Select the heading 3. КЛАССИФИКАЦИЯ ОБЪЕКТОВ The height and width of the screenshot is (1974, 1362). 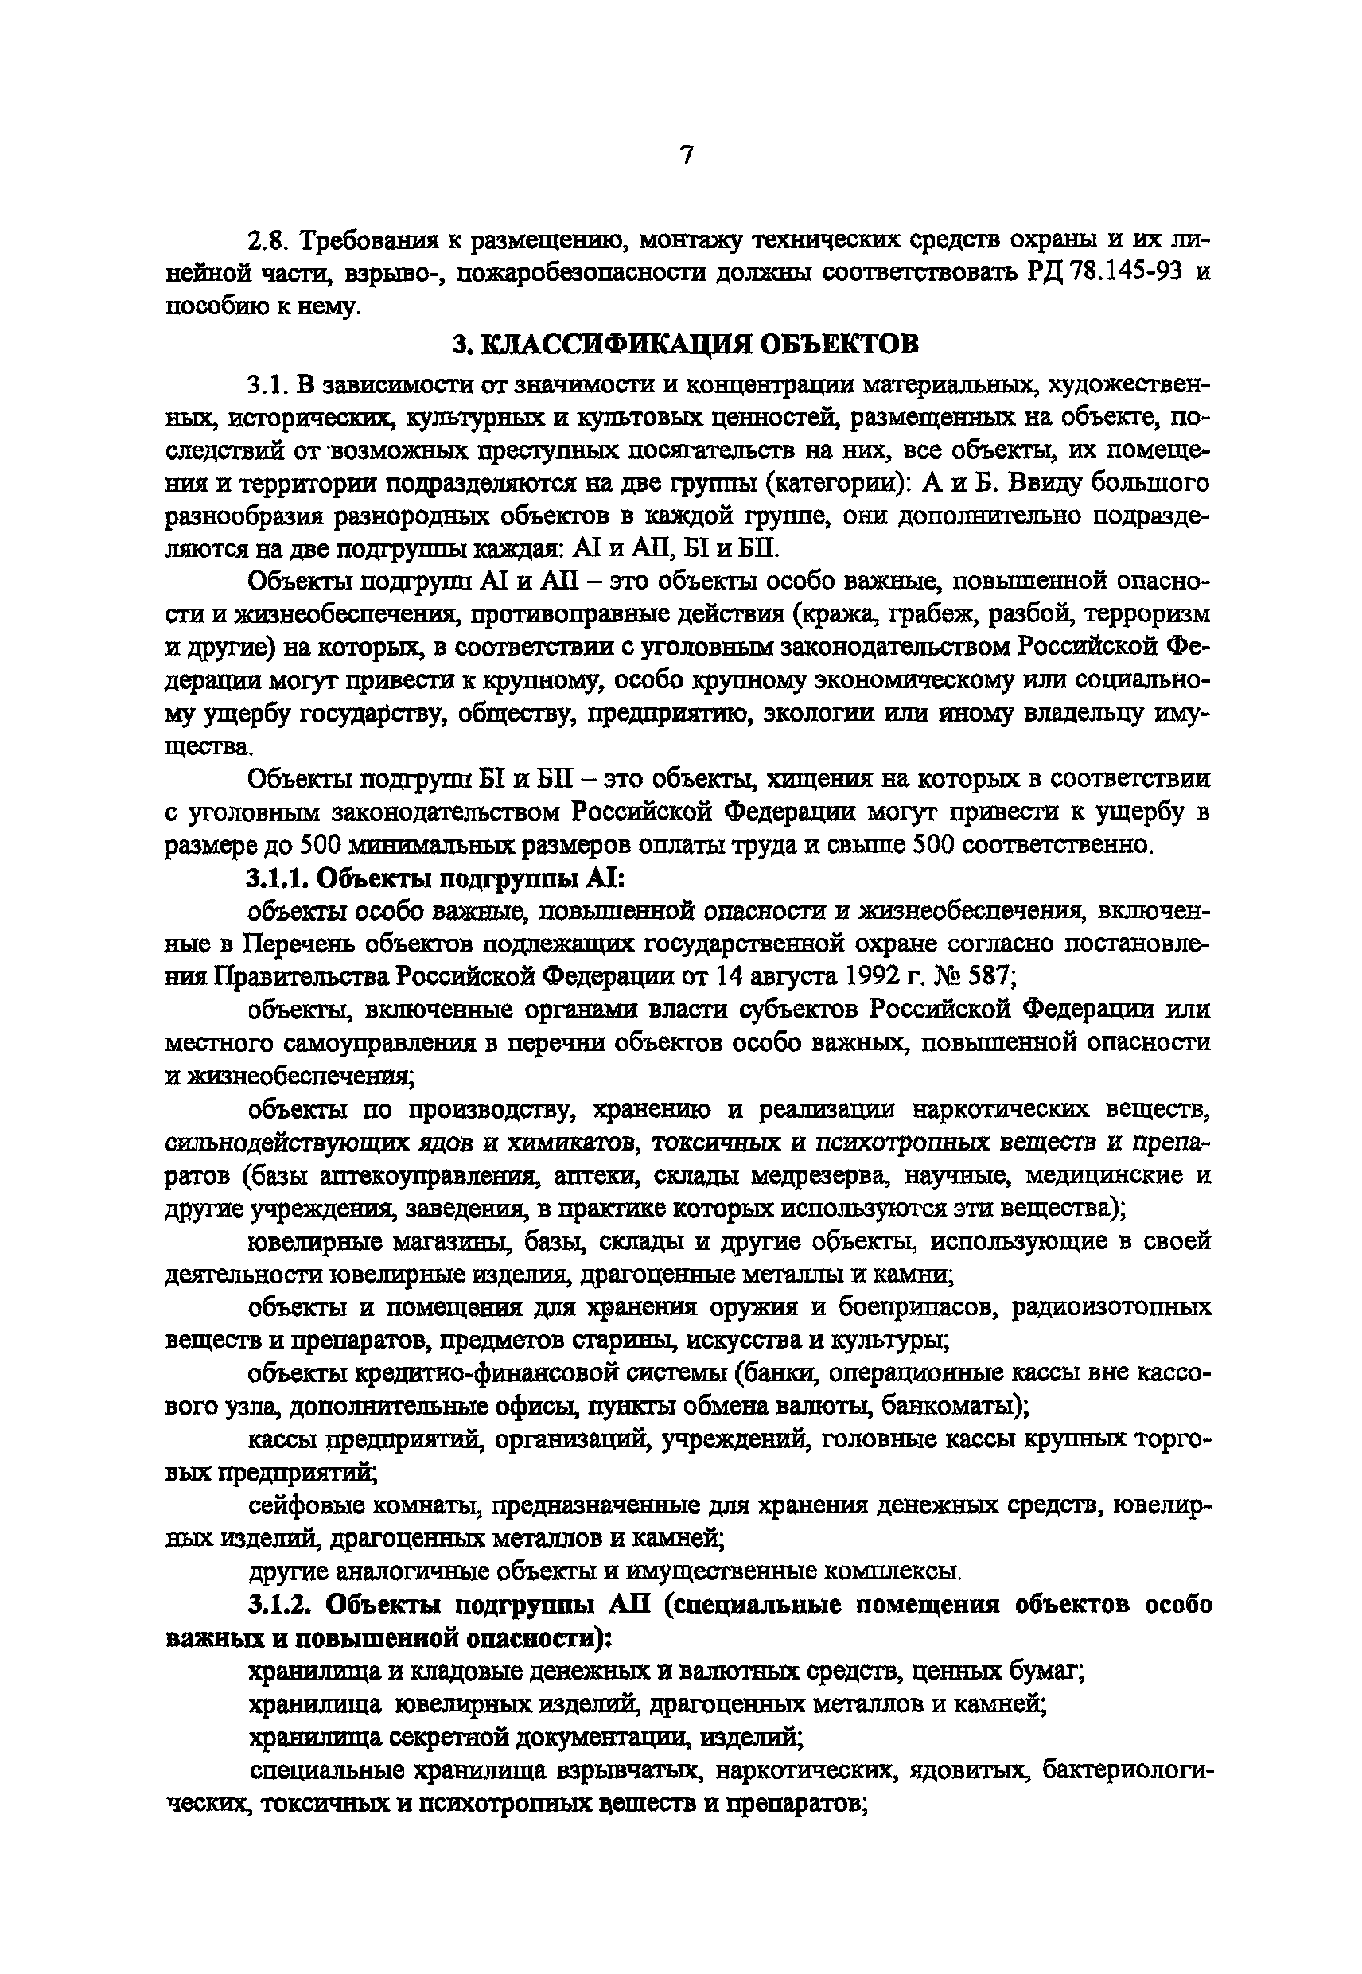(685, 344)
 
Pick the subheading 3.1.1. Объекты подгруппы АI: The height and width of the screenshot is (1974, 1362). (437, 878)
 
